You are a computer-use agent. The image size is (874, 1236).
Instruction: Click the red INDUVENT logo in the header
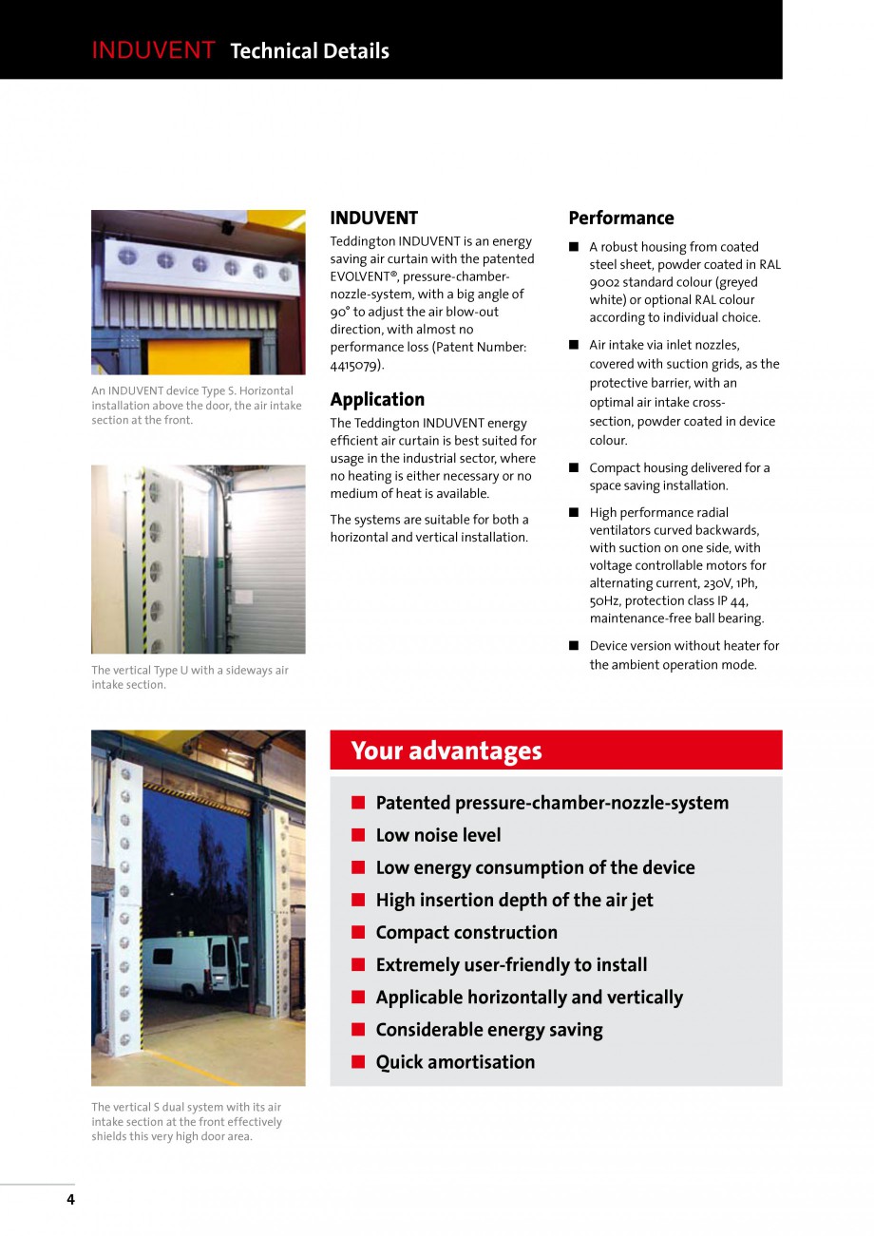coord(153,51)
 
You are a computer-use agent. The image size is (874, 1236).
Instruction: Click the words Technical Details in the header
coord(310,51)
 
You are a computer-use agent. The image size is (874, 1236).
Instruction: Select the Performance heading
coord(620,218)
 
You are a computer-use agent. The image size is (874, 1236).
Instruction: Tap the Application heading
coord(377,399)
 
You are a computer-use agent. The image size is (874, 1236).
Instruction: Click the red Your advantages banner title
coord(446,751)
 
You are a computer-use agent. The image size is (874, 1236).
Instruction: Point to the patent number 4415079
coord(356,365)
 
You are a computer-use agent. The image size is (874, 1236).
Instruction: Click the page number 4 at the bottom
coord(70,1199)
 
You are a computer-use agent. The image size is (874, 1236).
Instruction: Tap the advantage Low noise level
coord(438,835)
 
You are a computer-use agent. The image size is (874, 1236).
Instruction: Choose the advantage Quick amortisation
coord(455,1062)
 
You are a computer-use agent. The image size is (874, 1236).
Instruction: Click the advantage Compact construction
coord(466,932)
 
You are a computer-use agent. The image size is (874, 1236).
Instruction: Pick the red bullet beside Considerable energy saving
coord(358,1030)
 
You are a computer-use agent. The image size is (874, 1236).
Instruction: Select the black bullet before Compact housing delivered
coord(574,467)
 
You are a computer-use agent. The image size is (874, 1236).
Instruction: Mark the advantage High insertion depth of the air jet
coord(514,900)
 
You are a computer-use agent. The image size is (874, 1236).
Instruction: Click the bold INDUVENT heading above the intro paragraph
coord(373,218)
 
